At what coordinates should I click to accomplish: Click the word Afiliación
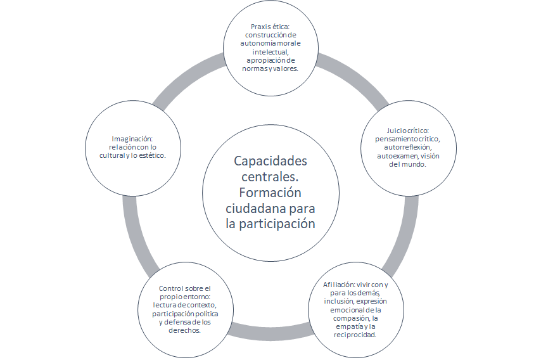pos(334,285)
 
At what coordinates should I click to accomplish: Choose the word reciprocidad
pos(359,334)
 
